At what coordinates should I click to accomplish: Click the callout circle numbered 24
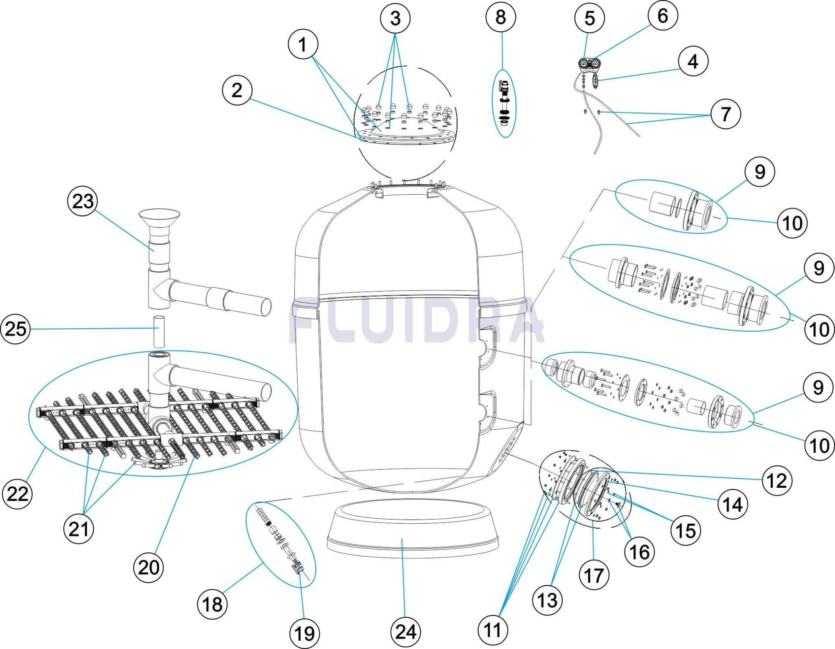(x=405, y=632)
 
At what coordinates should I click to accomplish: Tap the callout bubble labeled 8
(x=501, y=17)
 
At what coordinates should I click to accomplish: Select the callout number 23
(x=83, y=201)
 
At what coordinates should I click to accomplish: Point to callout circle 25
(x=16, y=329)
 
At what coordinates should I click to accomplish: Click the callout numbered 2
(x=237, y=90)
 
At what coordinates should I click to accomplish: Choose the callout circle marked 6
(x=663, y=16)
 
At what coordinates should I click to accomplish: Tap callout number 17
(x=594, y=575)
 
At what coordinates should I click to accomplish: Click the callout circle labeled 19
(x=305, y=634)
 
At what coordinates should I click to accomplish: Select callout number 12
(x=777, y=481)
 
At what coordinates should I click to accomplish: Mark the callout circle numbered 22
(x=18, y=494)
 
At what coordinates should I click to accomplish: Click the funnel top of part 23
(x=159, y=218)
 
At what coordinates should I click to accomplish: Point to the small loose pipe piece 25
(x=159, y=332)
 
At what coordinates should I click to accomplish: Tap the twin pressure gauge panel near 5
(x=589, y=64)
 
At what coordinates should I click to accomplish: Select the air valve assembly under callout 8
(x=504, y=104)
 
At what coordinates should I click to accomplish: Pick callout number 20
(x=149, y=567)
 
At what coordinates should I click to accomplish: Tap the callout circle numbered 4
(x=693, y=61)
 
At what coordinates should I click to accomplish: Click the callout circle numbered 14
(x=733, y=504)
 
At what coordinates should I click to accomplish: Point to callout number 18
(x=212, y=604)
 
